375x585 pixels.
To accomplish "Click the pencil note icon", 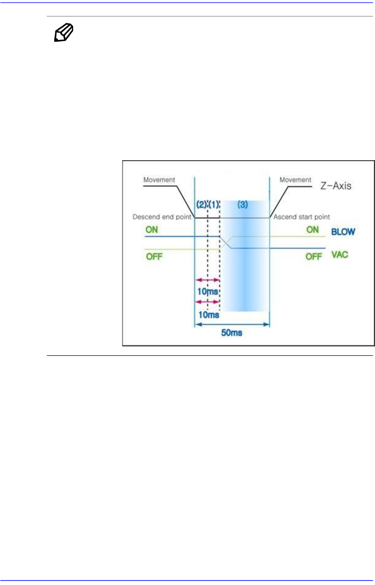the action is pyautogui.click(x=64, y=33).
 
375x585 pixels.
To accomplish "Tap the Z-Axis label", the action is pyautogui.click(x=336, y=186).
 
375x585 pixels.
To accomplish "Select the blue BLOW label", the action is pyautogui.click(x=343, y=232).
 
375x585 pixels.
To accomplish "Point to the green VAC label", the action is pyautogui.click(x=340, y=255).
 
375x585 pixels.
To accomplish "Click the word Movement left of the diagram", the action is pyautogui.click(x=159, y=180).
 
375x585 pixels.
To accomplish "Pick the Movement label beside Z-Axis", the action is pyautogui.click(x=295, y=180).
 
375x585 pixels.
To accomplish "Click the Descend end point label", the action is pyautogui.click(x=162, y=217).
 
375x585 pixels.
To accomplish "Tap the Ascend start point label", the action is pyautogui.click(x=302, y=217).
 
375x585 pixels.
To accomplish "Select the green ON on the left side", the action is pyautogui.click(x=152, y=230).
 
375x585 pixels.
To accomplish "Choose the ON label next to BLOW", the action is pyautogui.click(x=313, y=230).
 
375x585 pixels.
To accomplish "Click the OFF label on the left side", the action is pyautogui.click(x=154, y=257).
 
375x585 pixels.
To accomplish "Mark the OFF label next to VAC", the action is pyautogui.click(x=314, y=257).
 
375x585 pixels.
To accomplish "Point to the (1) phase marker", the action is pyautogui.click(x=214, y=205).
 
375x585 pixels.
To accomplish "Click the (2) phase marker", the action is pyautogui.click(x=201, y=205).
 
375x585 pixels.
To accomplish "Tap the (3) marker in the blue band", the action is pyautogui.click(x=243, y=205).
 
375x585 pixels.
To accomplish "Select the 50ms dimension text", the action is pyautogui.click(x=232, y=333).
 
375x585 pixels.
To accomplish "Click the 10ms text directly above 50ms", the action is pyautogui.click(x=209, y=315).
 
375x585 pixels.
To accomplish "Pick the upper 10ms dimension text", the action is pyautogui.click(x=208, y=292).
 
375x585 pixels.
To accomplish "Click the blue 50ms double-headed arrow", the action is pyautogui.click(x=232, y=325).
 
